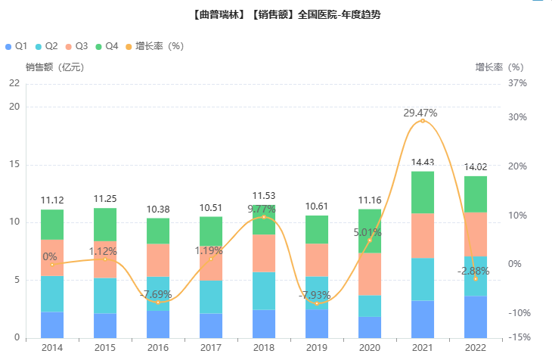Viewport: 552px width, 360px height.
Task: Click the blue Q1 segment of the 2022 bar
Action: [476, 317]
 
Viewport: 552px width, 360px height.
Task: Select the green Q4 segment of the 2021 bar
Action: [423, 192]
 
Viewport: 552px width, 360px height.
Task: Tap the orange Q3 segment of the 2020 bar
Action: [370, 274]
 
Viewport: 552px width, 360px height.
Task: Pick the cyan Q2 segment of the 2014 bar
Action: [52, 294]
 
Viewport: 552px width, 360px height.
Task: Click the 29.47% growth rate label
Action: [420, 113]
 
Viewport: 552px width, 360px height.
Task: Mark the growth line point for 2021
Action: [423, 121]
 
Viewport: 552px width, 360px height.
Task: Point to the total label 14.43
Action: [422, 162]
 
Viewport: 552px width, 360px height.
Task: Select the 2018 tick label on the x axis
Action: [264, 346]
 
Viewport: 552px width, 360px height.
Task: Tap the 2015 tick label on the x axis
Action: [105, 346]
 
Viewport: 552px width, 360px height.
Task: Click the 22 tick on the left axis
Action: [14, 83]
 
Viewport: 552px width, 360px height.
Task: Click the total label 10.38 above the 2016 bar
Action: [158, 209]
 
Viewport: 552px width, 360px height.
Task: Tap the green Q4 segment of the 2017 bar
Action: [211, 231]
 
